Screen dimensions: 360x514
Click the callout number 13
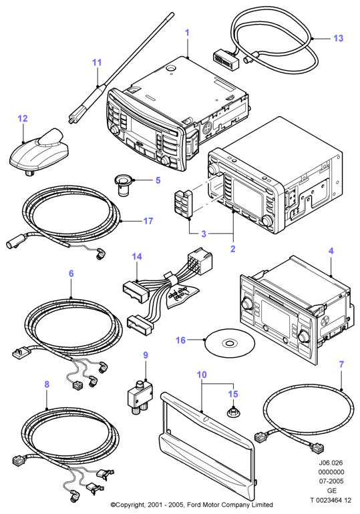click(x=338, y=38)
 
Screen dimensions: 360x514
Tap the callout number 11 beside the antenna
click(x=97, y=62)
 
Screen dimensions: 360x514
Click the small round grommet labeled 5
click(x=124, y=186)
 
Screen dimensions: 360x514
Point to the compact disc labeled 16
click(x=230, y=344)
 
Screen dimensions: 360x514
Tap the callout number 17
click(x=148, y=221)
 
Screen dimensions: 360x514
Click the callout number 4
click(x=331, y=251)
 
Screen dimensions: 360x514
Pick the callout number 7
click(x=341, y=364)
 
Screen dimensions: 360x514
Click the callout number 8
click(x=47, y=384)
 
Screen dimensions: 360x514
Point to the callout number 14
click(x=137, y=256)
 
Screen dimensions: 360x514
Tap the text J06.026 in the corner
click(x=331, y=463)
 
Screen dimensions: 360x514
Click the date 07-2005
click(x=331, y=481)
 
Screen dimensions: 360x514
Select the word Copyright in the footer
click(x=129, y=505)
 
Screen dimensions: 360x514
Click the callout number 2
click(x=232, y=249)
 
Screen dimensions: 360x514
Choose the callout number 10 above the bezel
click(x=202, y=374)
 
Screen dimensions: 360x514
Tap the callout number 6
click(x=71, y=274)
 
